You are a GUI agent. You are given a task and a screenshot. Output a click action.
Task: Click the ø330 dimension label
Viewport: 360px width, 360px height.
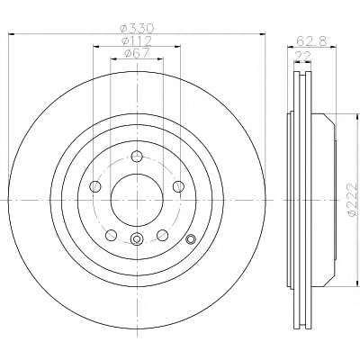[x=137, y=29]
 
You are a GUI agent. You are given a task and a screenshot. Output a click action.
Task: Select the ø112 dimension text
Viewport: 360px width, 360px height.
[x=137, y=40]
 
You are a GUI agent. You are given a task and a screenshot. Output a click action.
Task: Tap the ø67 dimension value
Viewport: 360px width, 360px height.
[x=137, y=53]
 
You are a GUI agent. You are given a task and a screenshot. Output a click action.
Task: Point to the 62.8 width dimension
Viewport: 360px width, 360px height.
[x=311, y=40]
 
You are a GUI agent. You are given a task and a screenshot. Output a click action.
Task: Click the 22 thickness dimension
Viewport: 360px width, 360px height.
[x=302, y=56]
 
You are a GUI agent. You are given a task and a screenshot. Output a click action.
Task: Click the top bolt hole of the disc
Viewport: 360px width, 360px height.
[x=137, y=156]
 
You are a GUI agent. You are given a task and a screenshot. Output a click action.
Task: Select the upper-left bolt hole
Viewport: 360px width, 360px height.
[x=95, y=186]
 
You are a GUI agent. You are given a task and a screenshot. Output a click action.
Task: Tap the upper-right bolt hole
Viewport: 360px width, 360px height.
[x=178, y=186]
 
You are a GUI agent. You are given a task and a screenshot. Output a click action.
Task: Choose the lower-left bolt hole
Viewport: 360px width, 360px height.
[x=111, y=235]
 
